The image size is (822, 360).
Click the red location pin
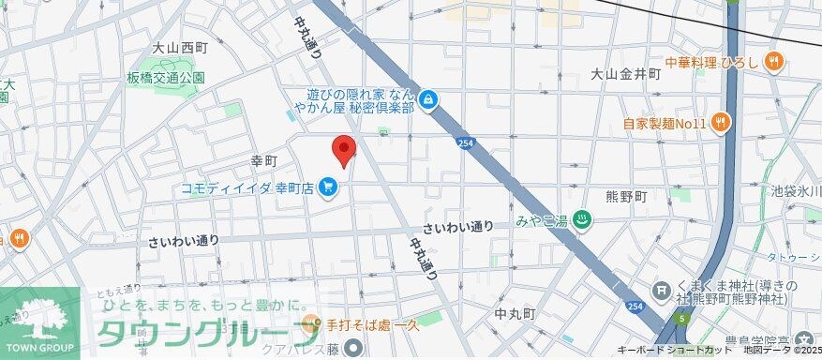point(344,150)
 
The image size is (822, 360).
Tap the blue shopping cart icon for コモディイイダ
point(327,188)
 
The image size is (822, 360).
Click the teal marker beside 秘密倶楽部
point(428,98)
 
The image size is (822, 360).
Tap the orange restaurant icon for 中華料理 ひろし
point(773,63)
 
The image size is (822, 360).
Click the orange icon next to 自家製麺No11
point(720,120)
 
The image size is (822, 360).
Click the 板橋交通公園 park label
point(166,78)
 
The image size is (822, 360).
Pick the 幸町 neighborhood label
point(264,162)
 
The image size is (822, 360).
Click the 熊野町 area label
point(625,197)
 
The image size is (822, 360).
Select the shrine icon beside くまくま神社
point(663,293)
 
